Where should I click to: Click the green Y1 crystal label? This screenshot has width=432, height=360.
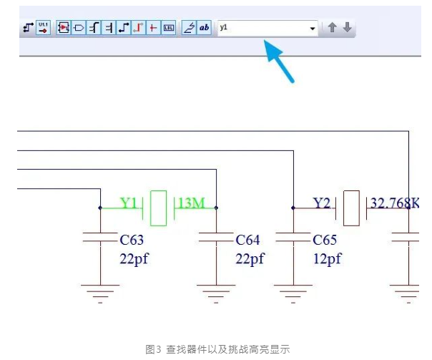pyautogui.click(x=129, y=203)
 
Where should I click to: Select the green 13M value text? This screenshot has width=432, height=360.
pyautogui.click(x=191, y=203)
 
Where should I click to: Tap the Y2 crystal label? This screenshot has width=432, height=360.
pyautogui.click(x=323, y=203)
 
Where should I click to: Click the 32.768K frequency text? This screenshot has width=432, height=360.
pyautogui.click(x=394, y=203)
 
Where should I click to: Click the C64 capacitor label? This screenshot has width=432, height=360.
pyautogui.click(x=247, y=240)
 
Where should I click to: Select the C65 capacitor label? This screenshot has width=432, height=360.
pyautogui.click(x=326, y=240)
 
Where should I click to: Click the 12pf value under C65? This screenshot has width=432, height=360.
pyautogui.click(x=328, y=258)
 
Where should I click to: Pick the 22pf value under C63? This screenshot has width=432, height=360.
pyautogui.click(x=134, y=258)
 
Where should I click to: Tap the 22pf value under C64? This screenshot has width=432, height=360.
pyautogui.click(x=249, y=258)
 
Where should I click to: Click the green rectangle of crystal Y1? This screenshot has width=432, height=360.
pyautogui.click(x=159, y=208)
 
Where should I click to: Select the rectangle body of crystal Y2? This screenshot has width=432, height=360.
pyautogui.click(x=351, y=208)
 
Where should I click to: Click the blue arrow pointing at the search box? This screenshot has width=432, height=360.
pyautogui.click(x=280, y=62)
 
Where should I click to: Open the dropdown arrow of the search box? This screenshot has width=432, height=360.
pyautogui.click(x=313, y=28)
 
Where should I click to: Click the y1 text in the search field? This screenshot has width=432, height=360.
pyautogui.click(x=224, y=27)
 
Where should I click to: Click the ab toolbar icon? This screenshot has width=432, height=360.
pyautogui.click(x=205, y=28)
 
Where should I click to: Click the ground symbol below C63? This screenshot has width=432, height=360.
pyautogui.click(x=99, y=292)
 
